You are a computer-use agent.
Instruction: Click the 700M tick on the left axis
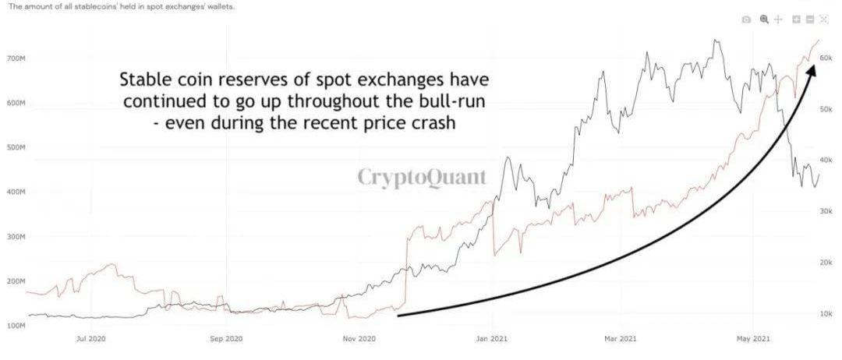coord(16,58)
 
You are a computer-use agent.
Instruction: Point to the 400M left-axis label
coord(16,192)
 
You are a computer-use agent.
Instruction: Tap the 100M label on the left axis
coord(16,325)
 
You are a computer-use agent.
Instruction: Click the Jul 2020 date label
coord(91,340)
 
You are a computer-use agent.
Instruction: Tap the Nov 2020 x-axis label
coord(359,340)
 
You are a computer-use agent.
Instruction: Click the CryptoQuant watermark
coord(422,177)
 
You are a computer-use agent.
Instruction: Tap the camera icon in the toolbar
coord(746,19)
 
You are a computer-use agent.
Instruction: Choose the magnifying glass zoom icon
coord(764,19)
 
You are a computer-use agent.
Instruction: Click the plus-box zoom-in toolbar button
coord(797,19)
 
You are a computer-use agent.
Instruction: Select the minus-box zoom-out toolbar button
coord(810,19)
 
